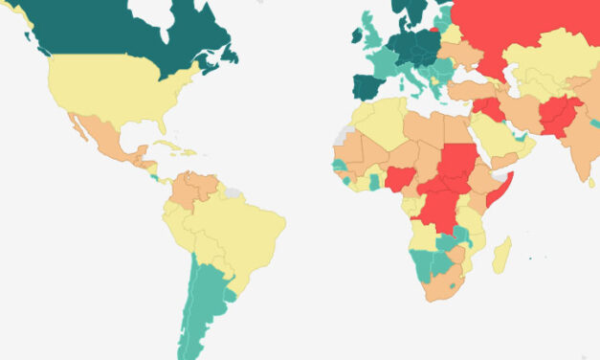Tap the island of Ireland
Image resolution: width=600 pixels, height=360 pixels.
tap(357, 35)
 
